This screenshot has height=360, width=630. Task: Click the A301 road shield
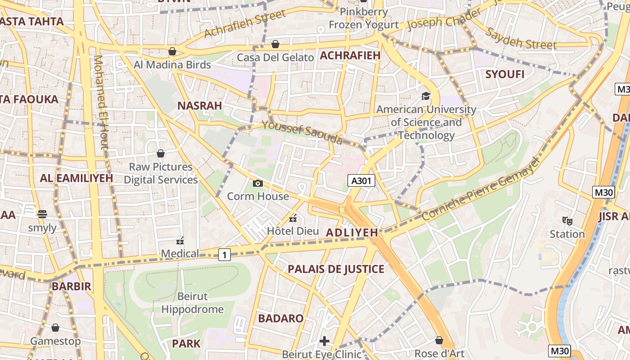click(x=362, y=181)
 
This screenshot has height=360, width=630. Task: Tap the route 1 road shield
click(x=225, y=255)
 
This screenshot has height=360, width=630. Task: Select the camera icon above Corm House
click(x=258, y=183)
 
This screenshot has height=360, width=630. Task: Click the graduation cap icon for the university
click(x=426, y=96)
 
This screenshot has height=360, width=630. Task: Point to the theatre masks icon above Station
click(x=567, y=220)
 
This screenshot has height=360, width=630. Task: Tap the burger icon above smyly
click(x=42, y=214)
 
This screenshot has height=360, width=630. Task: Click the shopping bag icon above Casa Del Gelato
click(x=275, y=44)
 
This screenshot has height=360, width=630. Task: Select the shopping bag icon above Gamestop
click(x=55, y=328)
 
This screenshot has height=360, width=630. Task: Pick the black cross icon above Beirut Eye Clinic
click(x=324, y=341)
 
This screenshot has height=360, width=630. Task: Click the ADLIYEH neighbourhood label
click(x=352, y=233)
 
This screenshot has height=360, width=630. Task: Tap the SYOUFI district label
click(x=505, y=74)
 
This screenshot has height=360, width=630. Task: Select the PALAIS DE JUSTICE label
click(x=336, y=269)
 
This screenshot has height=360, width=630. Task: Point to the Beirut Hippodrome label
click(x=193, y=303)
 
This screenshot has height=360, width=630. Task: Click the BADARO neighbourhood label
click(x=281, y=318)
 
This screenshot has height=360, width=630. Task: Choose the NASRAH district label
click(x=199, y=106)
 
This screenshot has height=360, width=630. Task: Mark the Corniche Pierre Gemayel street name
click(x=480, y=189)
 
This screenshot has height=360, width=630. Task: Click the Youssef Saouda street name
click(x=302, y=132)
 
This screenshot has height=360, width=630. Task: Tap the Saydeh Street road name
click(x=521, y=38)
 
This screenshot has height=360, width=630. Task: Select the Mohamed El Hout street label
click(x=101, y=102)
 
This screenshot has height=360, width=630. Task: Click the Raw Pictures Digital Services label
click(x=161, y=173)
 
